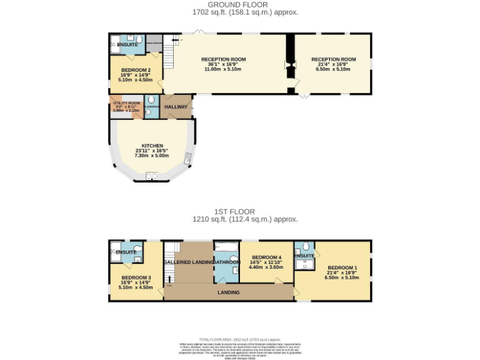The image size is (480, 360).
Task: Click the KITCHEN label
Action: pos(152,146)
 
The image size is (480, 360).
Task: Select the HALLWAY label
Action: pos(176,107)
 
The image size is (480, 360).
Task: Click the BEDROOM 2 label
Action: pos(136,69)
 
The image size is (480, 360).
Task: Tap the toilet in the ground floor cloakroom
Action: pos(151,102)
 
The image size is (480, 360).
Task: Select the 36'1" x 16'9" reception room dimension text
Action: pos(226,64)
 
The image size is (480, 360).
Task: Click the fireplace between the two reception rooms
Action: pos(290,64)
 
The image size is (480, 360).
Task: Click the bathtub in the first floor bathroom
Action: pos(225,247)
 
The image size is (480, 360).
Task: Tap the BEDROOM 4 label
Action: pos(266,257)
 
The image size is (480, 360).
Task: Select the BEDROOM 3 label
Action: pos(136,277)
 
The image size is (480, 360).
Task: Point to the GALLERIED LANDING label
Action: pos(187,261)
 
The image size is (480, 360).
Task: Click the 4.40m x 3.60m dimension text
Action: pos(266,267)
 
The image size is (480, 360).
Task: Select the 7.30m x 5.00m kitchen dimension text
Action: pos(152,155)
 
